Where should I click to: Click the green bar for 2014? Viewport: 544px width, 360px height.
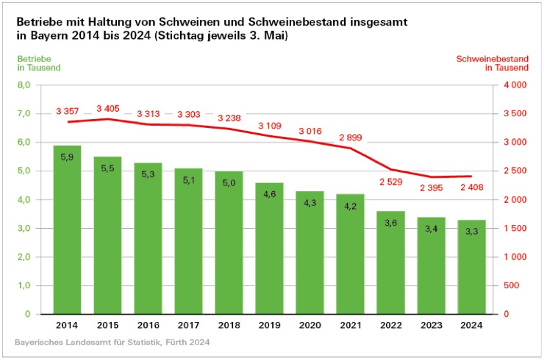[67, 229]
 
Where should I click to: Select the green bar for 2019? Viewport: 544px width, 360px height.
[269, 249]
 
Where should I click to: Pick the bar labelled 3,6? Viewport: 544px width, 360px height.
[391, 262]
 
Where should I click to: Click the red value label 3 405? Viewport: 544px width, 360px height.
[107, 108]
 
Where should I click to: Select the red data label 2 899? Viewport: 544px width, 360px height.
[350, 137]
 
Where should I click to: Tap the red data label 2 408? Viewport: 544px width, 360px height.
[471, 188]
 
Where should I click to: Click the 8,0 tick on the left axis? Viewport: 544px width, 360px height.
[24, 85]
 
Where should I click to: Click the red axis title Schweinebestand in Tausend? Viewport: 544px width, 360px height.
[493, 63]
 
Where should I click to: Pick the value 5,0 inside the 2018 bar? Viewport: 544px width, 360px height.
[229, 184]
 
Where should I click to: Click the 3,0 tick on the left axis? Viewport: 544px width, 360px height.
[24, 228]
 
